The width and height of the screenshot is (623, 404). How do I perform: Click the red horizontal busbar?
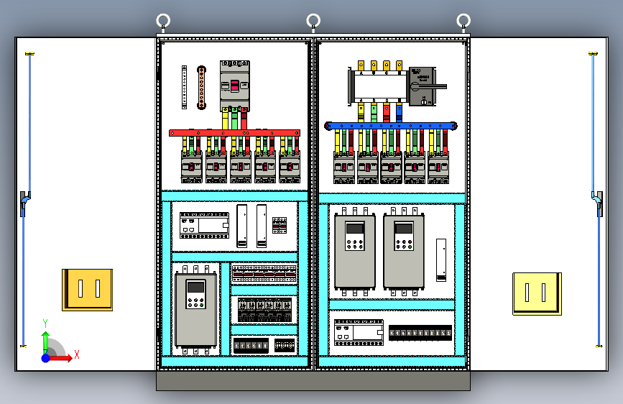point(234,133)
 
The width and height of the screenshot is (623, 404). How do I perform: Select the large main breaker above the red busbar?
point(234,86)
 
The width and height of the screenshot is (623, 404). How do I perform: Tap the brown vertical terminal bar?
point(203,87)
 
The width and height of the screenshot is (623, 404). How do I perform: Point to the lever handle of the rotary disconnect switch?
point(431,86)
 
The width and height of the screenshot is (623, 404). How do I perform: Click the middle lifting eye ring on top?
point(313,20)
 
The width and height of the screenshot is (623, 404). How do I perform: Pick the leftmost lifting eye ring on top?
point(164,20)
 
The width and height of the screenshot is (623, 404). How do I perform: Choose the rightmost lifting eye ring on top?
point(463,20)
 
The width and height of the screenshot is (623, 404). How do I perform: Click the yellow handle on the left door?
point(87,290)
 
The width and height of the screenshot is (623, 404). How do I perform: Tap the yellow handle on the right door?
point(537,293)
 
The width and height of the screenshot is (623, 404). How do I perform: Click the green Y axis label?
point(45,323)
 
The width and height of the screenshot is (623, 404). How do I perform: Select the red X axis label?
point(76,354)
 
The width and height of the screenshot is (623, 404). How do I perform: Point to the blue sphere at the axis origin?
point(46,357)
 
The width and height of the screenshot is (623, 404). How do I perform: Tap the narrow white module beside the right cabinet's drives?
point(441,260)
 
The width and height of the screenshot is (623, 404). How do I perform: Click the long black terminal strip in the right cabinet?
point(420,333)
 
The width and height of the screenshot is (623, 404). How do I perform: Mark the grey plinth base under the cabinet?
point(313,380)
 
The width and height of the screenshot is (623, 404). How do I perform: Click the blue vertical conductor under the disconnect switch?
point(399,111)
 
